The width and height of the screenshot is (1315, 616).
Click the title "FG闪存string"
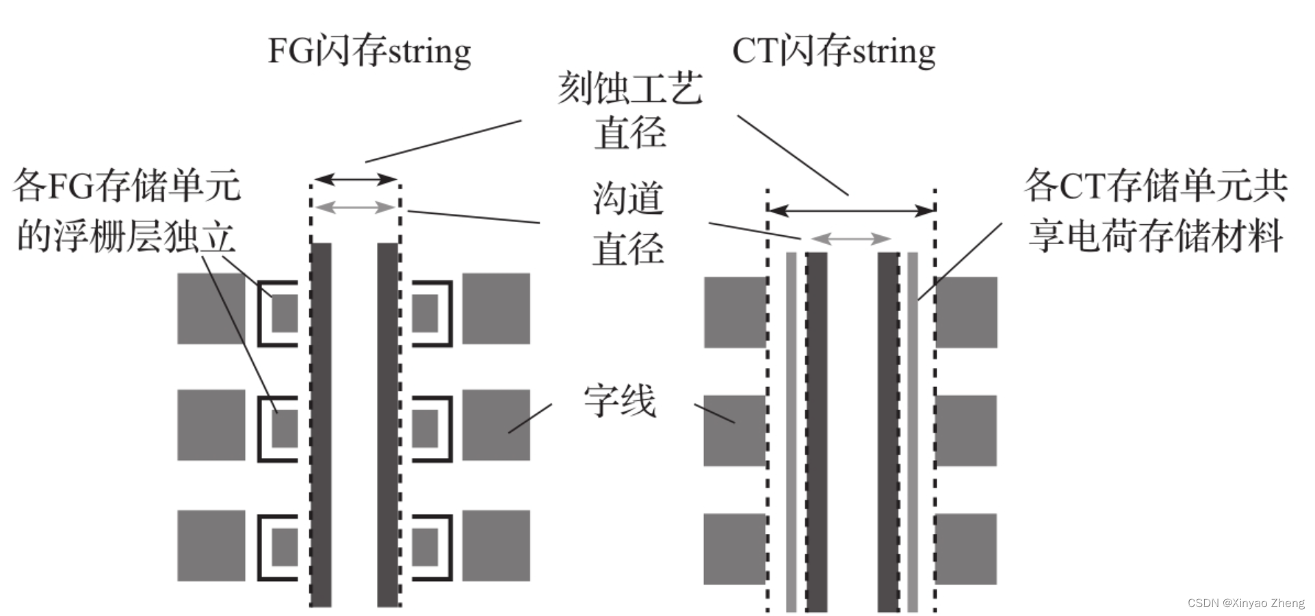(369, 51)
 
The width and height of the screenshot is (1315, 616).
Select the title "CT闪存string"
(833, 51)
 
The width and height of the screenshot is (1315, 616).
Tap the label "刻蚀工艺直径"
(629, 111)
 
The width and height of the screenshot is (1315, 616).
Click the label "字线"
(619, 401)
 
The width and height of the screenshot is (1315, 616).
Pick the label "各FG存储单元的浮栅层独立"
(127, 211)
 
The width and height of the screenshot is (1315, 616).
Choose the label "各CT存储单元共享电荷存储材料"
(1156, 211)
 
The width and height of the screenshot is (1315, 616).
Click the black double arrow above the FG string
(355, 180)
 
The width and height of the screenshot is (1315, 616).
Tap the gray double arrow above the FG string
(355, 206)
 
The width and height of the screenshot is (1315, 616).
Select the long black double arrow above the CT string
(851, 210)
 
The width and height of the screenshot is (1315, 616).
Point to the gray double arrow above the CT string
(850, 239)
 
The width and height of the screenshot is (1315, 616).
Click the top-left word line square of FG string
(211, 308)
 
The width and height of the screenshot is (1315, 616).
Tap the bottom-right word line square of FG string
(496, 546)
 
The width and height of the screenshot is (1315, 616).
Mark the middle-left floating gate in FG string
(285, 429)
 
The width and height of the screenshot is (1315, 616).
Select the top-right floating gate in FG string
(426, 313)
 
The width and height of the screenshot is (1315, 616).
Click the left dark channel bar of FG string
(321, 424)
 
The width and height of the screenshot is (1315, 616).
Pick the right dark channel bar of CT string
(888, 431)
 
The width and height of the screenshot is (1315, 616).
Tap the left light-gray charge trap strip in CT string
(791, 431)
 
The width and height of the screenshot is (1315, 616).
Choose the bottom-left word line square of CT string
(735, 549)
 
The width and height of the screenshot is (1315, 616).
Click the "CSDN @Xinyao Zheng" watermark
(1245, 603)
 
